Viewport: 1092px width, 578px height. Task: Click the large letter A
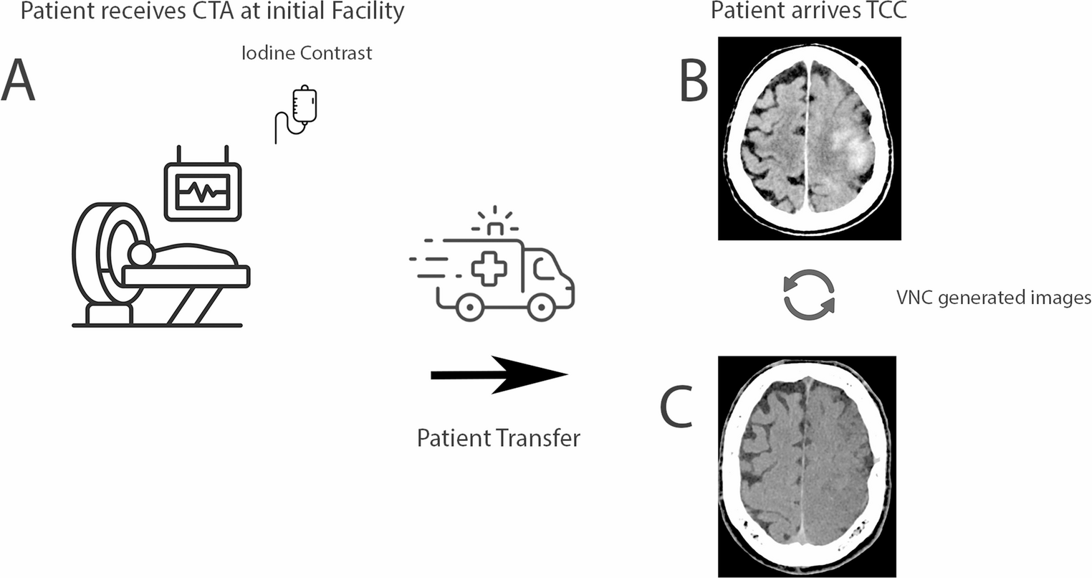[x=18, y=80]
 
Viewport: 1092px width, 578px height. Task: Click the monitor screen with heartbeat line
[x=203, y=191]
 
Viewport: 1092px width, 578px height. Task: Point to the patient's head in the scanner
[x=140, y=255]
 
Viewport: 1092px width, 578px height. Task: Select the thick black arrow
[x=499, y=374]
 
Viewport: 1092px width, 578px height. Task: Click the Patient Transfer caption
[x=498, y=437]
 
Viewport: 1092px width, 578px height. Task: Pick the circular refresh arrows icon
[x=808, y=294]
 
